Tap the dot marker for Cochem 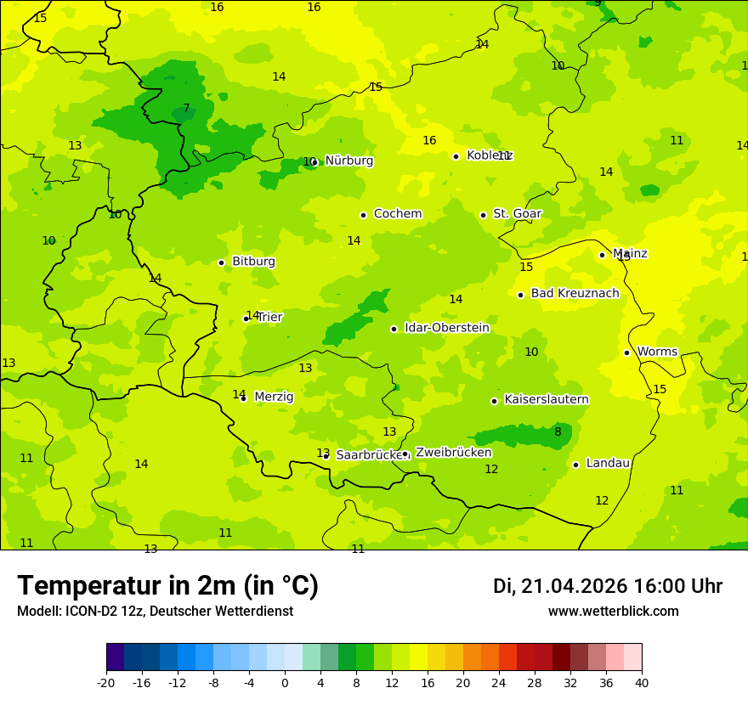[x=363, y=215]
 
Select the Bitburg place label [x=253, y=262]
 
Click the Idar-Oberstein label [x=446, y=328]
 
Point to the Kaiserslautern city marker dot [x=494, y=401]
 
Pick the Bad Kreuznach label [x=575, y=293]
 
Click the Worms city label [x=657, y=352]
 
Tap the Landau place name [x=608, y=463]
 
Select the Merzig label [x=274, y=397]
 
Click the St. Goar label [x=517, y=213]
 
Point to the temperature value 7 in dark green [x=186, y=108]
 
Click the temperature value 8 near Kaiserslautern [x=558, y=431]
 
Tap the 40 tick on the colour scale [x=641, y=682]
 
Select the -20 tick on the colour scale [x=106, y=682]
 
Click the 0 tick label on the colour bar [x=285, y=682]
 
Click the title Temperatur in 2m [x=167, y=585]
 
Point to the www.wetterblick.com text [x=613, y=612]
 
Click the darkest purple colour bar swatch [x=115, y=657]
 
